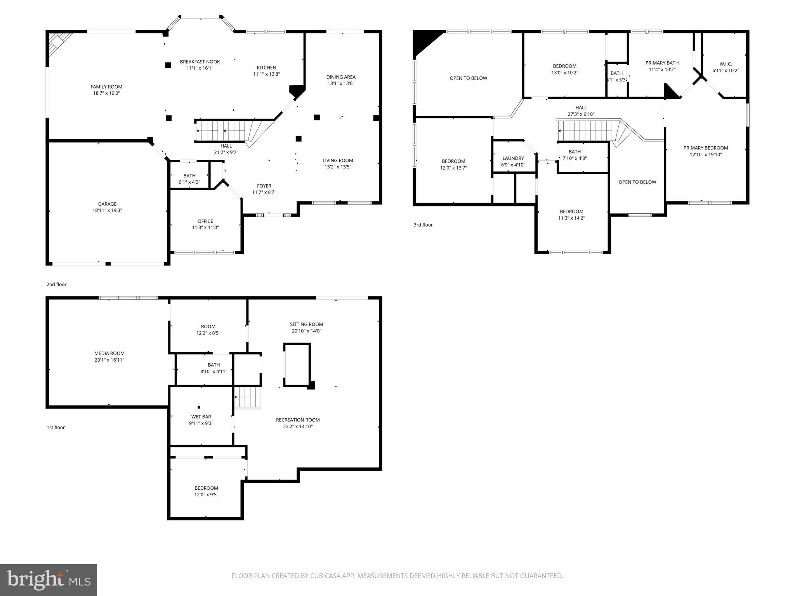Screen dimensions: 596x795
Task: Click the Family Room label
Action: click(106, 87)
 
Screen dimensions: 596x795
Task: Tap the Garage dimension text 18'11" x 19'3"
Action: click(107, 210)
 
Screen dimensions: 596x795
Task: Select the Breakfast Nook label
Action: click(200, 62)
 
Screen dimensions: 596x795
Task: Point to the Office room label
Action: click(205, 221)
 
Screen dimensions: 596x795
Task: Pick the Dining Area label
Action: click(341, 77)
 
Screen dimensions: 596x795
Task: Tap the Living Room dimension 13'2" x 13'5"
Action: click(338, 167)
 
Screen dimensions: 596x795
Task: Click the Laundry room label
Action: click(513, 158)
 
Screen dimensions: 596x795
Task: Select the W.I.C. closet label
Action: click(726, 64)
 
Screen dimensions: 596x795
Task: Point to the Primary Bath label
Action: click(662, 63)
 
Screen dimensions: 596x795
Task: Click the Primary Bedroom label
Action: click(706, 148)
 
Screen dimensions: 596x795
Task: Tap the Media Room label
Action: click(109, 353)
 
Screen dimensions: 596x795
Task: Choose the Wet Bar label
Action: click(201, 417)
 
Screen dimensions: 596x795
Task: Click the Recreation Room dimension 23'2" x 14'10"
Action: click(298, 426)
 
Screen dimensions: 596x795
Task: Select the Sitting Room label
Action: click(306, 324)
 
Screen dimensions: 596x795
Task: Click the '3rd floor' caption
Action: click(423, 225)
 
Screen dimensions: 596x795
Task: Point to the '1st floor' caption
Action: click(56, 428)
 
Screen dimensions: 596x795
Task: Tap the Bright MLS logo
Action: click(49, 580)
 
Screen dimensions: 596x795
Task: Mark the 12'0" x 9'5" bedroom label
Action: click(206, 495)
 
